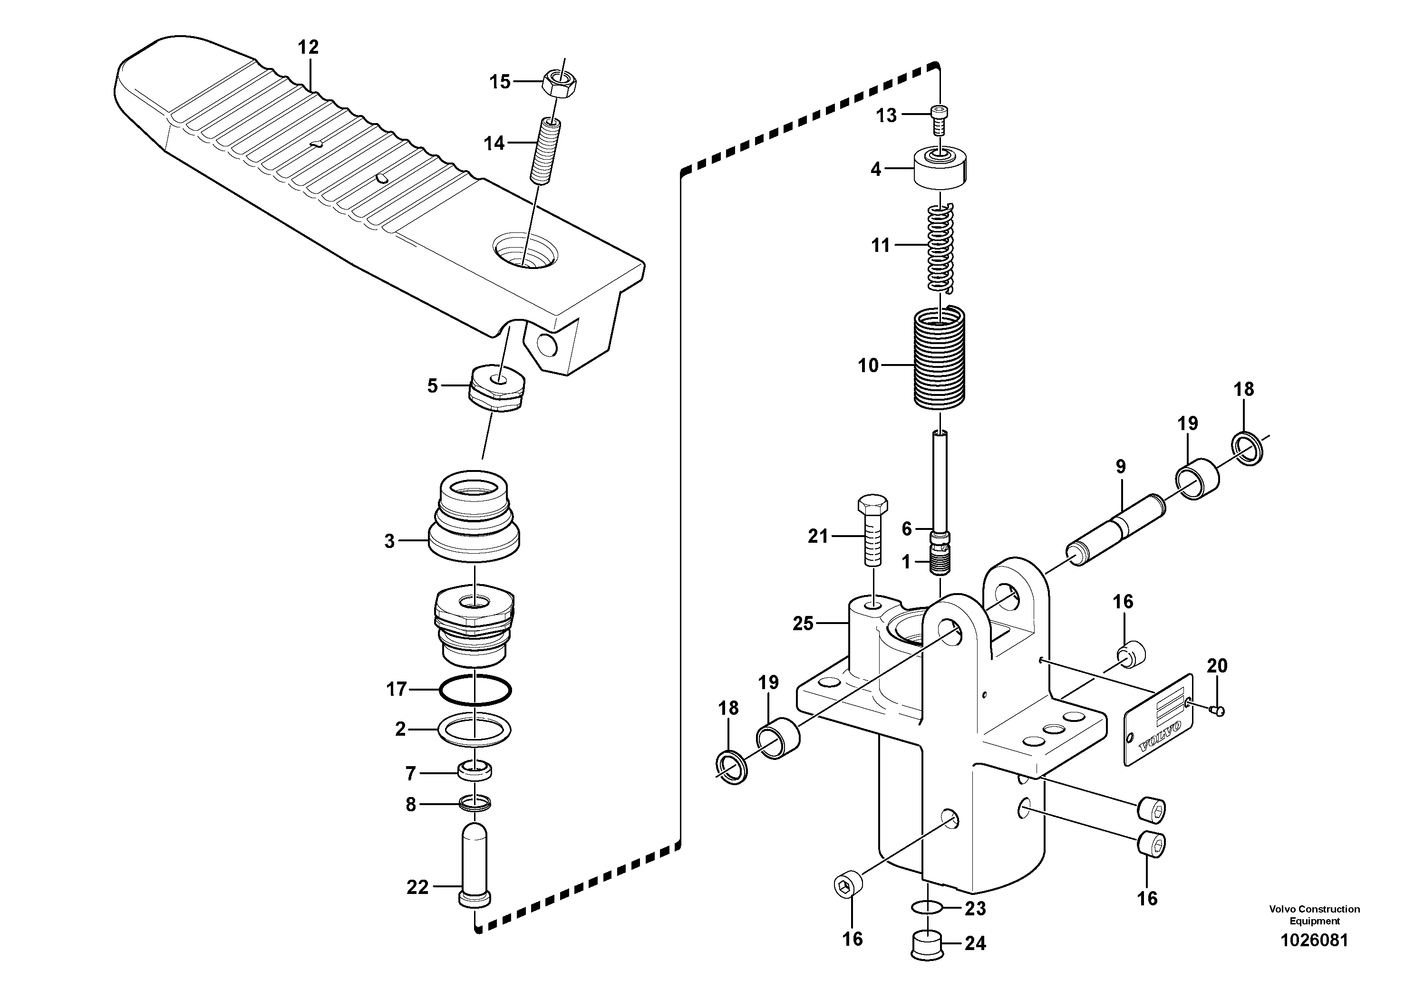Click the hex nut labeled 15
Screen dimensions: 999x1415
pyautogui.click(x=560, y=82)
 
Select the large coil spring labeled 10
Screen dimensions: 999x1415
pyautogui.click(x=939, y=357)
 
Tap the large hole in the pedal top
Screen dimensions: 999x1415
pyautogui.click(x=525, y=250)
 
